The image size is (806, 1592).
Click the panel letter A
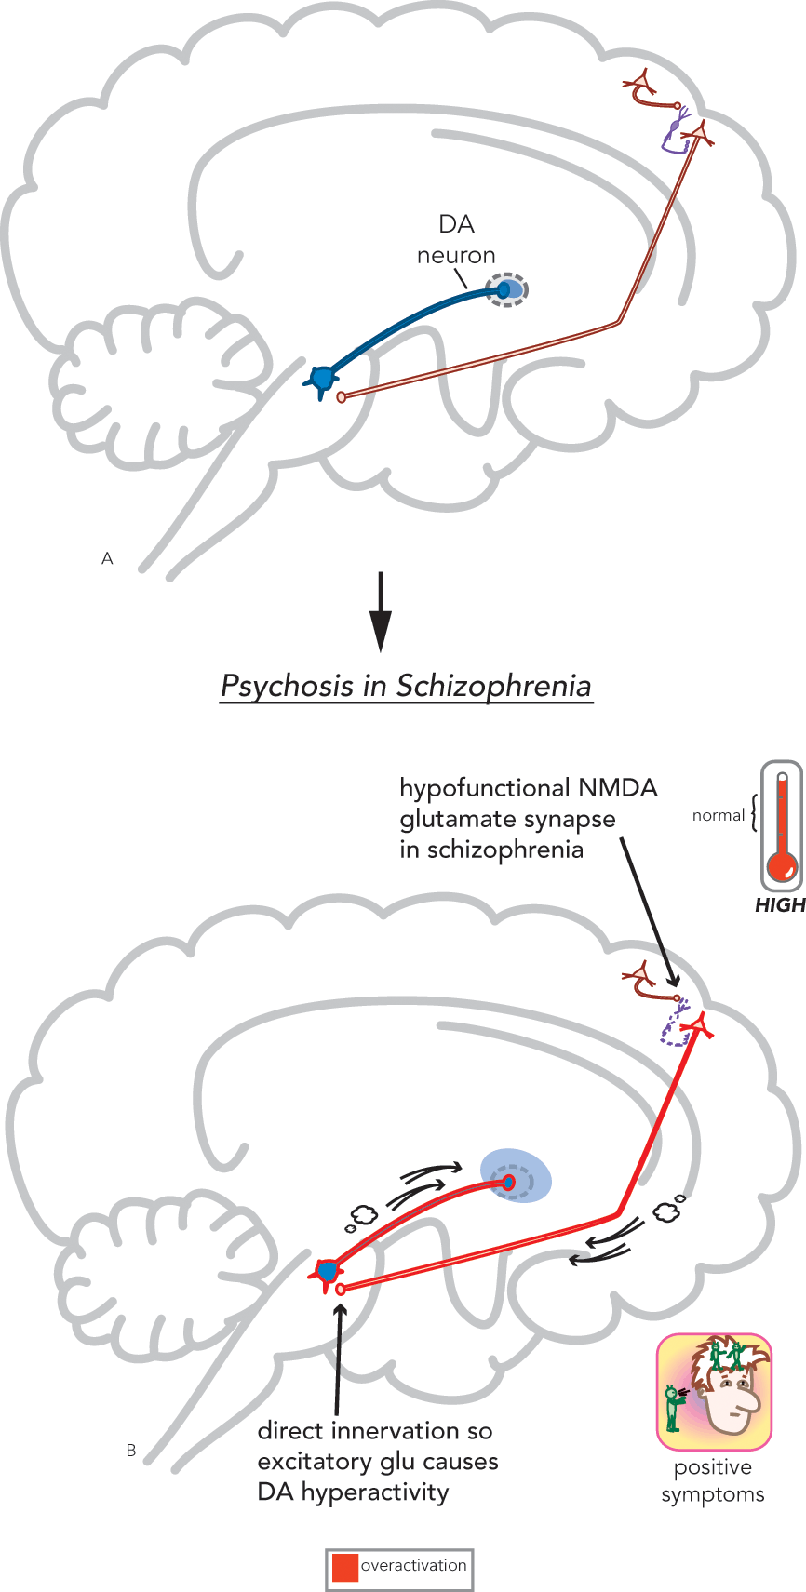point(107,558)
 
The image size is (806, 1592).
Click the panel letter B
point(131,1451)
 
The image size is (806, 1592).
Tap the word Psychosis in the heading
point(288,686)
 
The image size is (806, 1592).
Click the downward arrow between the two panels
point(381,611)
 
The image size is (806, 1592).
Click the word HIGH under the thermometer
point(780,905)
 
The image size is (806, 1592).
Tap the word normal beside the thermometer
point(719,815)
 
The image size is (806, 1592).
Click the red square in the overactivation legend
point(344,1568)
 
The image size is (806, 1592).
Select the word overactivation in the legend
point(413,1566)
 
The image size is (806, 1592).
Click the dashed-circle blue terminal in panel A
point(507,290)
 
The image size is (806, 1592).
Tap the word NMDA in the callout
point(617,788)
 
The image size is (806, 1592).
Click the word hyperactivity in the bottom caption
point(374,1492)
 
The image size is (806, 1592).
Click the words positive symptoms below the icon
point(713,1480)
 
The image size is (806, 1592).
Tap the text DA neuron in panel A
point(456,239)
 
